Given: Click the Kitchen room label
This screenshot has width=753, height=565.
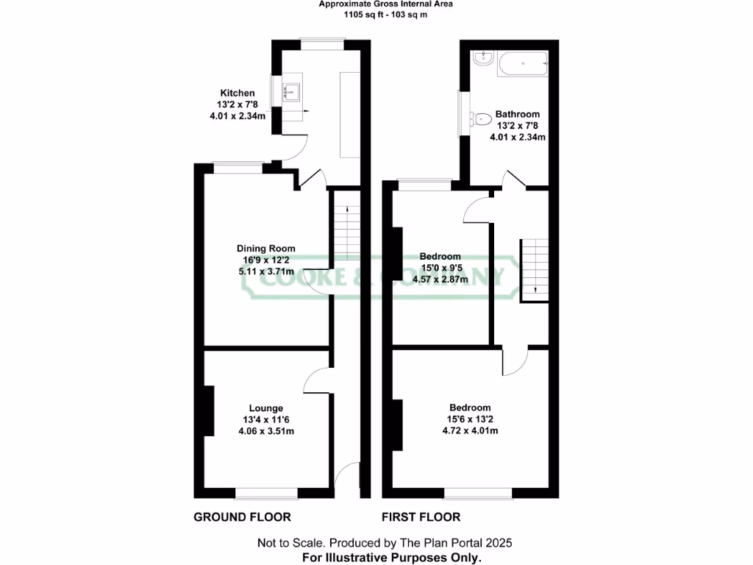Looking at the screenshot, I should [x=238, y=93].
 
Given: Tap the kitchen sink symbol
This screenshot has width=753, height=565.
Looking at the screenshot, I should [x=292, y=92].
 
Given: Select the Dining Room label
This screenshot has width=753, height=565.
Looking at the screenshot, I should [x=265, y=249].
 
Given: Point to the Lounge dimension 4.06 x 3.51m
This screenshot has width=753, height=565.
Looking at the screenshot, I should [x=266, y=431].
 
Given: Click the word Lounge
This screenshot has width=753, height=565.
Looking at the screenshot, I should [x=266, y=408].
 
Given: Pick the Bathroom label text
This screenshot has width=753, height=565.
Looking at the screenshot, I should [x=517, y=114].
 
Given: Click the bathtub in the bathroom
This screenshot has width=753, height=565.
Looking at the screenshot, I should [x=523, y=64].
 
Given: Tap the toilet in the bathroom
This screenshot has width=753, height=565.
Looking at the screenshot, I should [x=481, y=118].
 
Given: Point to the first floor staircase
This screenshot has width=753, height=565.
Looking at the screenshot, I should [x=535, y=269].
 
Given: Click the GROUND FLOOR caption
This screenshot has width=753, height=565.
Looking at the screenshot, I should [x=242, y=517].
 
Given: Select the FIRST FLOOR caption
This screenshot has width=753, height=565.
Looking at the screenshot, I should [x=421, y=517].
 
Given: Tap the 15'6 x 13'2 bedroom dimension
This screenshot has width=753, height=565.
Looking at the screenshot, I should [x=470, y=419].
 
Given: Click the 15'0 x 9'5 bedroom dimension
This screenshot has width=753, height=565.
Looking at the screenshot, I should [x=443, y=268].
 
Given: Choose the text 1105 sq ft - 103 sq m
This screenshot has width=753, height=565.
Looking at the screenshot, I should [x=375, y=15].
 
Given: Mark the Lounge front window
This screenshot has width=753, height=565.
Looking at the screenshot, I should [x=266, y=491].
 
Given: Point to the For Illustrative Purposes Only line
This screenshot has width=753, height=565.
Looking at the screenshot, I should [x=392, y=558].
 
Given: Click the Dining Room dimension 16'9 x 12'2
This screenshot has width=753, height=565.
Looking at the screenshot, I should [x=265, y=260].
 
